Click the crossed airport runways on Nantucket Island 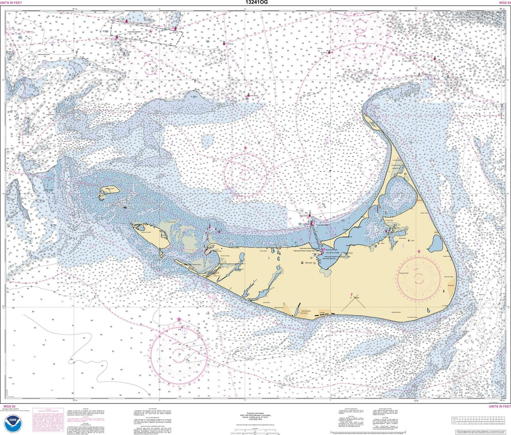(352, 302)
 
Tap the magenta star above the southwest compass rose (179, 319)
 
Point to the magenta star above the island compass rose (418, 251)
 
